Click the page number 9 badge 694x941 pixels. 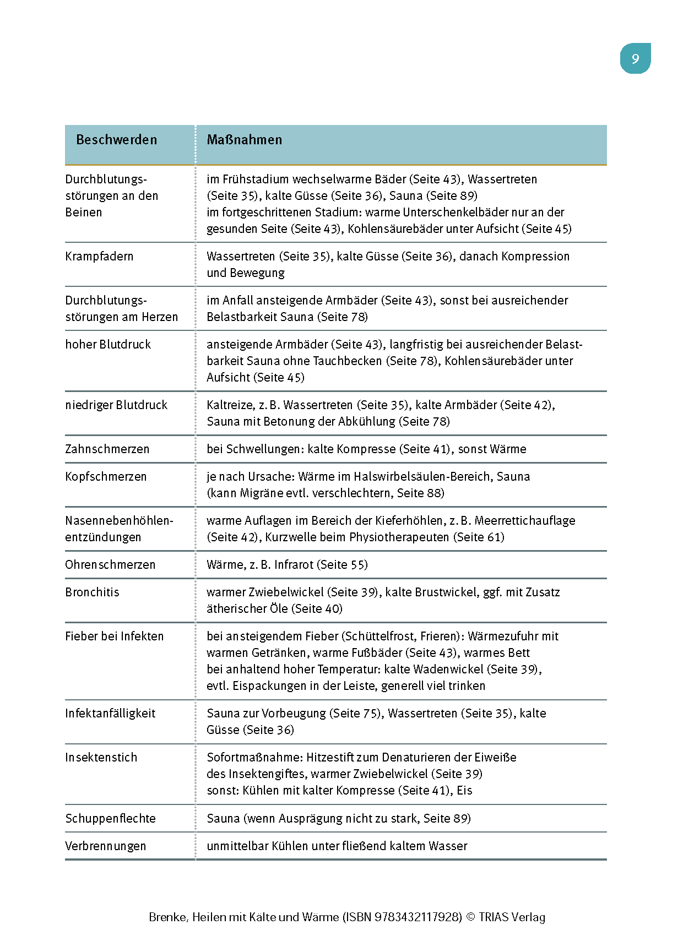(635, 59)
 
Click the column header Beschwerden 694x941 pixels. (116, 140)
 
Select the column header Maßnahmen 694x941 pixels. (244, 140)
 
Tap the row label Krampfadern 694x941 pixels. (99, 257)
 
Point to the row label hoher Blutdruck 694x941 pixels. (108, 345)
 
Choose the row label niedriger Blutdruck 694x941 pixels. (116, 405)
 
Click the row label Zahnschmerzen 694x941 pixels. (107, 449)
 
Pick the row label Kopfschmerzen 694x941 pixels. (106, 477)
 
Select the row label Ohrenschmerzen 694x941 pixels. (110, 565)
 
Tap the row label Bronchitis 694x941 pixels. (92, 592)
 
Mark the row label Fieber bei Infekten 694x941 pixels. (115, 637)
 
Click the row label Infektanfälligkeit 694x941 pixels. (110, 714)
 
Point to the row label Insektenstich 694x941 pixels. (101, 758)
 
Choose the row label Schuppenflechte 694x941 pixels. (110, 819)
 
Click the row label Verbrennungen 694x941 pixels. (106, 846)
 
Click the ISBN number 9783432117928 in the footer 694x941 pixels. (418, 917)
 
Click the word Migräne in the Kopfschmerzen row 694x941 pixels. (261, 493)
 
